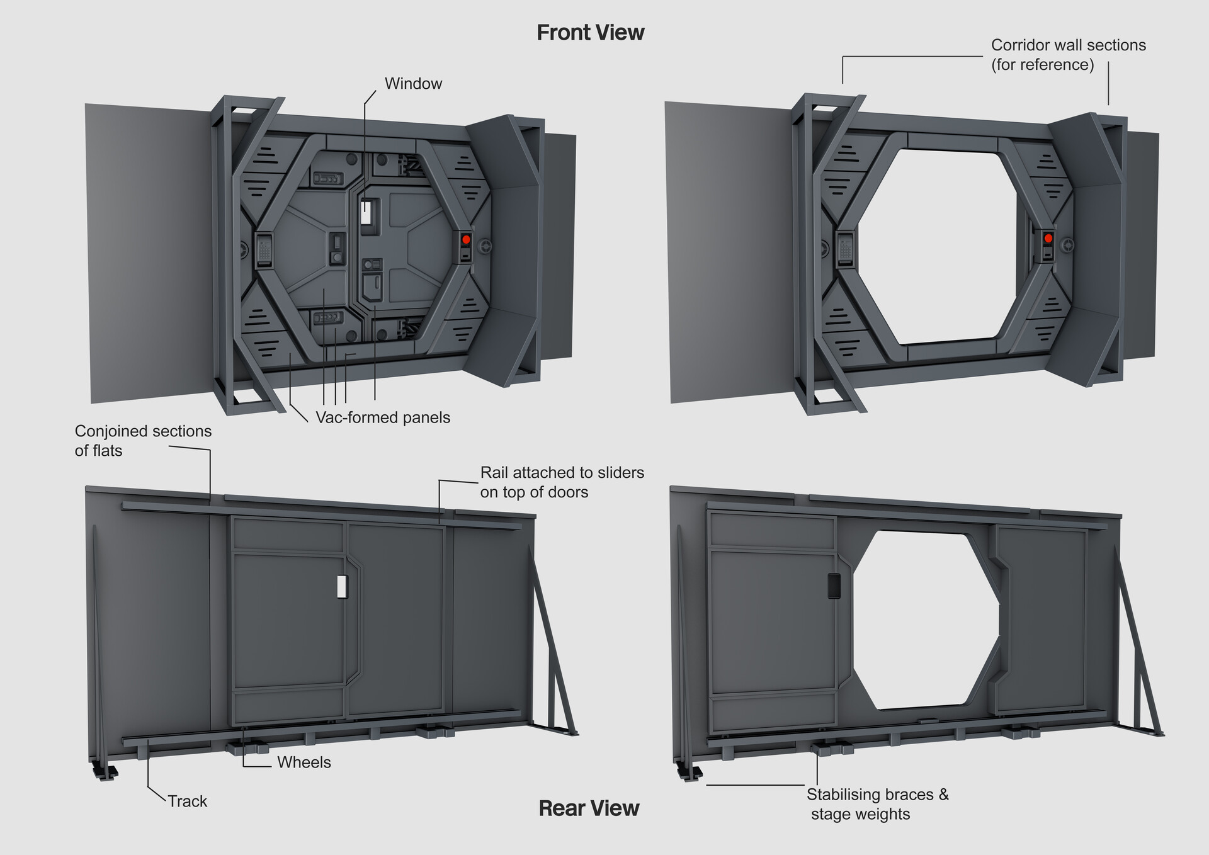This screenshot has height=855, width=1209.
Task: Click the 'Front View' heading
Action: (590, 33)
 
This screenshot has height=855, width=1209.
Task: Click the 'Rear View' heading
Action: (589, 808)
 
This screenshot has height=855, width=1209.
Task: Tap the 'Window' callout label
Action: (413, 84)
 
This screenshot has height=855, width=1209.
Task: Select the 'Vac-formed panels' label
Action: (383, 417)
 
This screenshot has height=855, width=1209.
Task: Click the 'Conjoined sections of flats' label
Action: (143, 441)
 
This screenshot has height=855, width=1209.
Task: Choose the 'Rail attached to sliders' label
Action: (562, 482)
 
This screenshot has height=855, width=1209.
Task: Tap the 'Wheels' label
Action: (304, 762)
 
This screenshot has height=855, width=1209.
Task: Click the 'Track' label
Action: (187, 801)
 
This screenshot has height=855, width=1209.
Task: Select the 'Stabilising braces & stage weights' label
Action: (877, 804)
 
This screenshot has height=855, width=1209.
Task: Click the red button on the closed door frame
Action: (466, 240)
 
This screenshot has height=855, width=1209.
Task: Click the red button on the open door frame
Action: (1048, 239)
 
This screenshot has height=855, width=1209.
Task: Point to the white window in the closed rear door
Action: (342, 586)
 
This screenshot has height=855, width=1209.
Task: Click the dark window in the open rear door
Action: (833, 586)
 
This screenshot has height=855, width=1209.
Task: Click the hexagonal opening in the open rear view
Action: (926, 620)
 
